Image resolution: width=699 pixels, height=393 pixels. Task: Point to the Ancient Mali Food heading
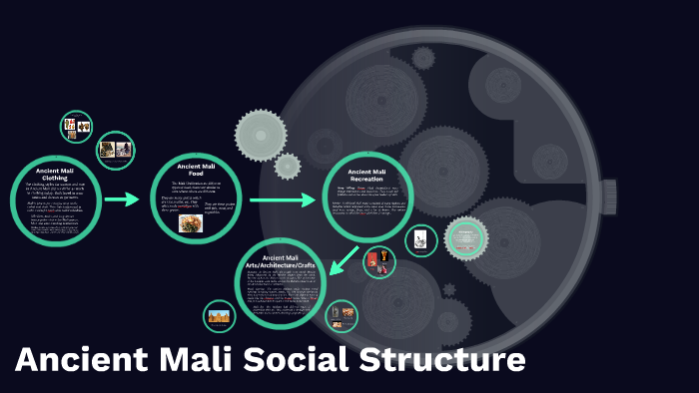[197, 169]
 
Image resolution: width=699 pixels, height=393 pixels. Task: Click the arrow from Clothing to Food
[121, 199]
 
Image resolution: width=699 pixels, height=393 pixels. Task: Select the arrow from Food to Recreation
[282, 199]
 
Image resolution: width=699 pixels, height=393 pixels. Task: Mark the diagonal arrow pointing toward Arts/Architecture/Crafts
[346, 258]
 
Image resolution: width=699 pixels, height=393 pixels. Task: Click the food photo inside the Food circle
[191, 222]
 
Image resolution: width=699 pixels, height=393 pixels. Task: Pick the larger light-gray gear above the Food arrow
[260, 135]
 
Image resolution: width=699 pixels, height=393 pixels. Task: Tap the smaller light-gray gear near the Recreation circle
[288, 166]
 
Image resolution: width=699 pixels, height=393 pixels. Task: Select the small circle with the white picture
[421, 239]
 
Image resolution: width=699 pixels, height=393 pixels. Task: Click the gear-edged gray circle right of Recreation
[465, 238]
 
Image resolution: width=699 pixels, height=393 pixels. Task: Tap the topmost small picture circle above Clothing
[77, 127]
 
